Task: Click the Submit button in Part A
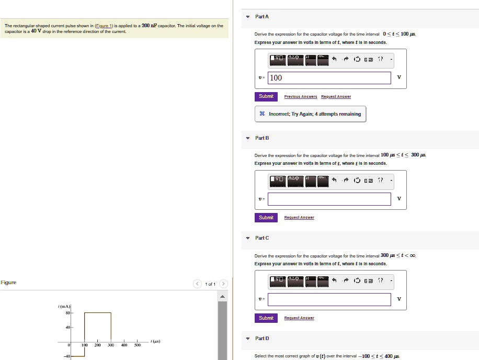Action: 266,96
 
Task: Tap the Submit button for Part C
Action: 266,318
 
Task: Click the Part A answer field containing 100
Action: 329,78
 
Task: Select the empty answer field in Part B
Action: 329,199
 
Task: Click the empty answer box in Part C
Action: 329,299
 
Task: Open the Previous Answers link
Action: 301,97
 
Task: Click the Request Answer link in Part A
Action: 336,97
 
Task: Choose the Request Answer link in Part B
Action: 299,218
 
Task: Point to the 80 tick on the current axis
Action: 68,313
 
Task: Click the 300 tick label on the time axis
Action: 111,345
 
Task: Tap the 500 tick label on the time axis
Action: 138,345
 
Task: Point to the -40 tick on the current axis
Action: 67,356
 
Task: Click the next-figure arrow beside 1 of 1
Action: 223,284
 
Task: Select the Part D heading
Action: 262,339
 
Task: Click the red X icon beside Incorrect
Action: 262,114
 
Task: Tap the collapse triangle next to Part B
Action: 248,138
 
